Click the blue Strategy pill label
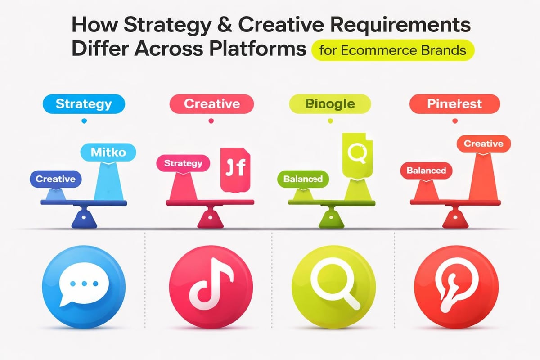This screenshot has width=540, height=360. (83, 104)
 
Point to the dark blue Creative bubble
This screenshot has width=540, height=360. (55, 179)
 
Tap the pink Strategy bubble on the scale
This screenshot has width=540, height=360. (183, 163)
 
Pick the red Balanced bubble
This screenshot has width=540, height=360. (426, 171)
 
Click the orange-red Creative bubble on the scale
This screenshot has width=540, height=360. (483, 144)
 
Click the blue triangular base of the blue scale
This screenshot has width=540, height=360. (84, 218)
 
